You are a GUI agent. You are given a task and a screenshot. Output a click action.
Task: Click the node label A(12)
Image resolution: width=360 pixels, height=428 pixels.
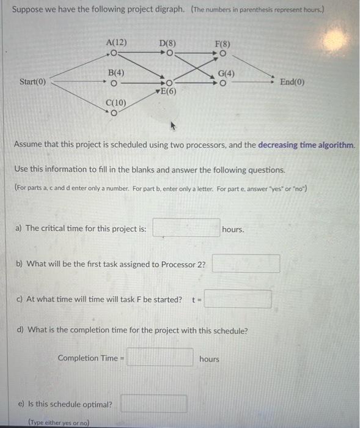pyautogui.click(x=116, y=42)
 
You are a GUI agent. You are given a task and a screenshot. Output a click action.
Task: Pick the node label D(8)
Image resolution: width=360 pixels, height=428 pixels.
pyautogui.click(x=167, y=43)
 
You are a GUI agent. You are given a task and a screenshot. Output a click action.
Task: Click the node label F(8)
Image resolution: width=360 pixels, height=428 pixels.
pyautogui.click(x=222, y=43)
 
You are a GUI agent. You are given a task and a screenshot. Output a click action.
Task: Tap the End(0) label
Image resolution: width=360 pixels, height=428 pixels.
pyautogui.click(x=292, y=82)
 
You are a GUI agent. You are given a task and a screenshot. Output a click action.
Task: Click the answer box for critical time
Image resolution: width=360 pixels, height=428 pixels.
pyautogui.click(x=186, y=228)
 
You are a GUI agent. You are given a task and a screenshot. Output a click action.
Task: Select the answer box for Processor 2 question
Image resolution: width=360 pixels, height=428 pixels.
pyautogui.click(x=246, y=264)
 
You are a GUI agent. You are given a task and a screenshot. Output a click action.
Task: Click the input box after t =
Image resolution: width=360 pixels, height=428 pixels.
pyautogui.click(x=238, y=300)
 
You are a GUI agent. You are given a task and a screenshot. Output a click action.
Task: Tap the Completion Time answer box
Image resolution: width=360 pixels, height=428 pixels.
pyautogui.click(x=160, y=358)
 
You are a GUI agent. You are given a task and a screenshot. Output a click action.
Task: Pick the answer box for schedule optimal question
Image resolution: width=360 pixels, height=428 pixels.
pyautogui.click(x=153, y=404)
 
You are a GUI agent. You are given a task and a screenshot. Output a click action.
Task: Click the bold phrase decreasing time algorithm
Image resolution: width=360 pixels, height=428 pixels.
pyautogui.click(x=306, y=146)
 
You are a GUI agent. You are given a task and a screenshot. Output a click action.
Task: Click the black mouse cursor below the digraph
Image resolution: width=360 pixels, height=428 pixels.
pyautogui.click(x=173, y=126)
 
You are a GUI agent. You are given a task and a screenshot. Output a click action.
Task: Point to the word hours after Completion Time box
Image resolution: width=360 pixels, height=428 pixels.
pyautogui.click(x=209, y=359)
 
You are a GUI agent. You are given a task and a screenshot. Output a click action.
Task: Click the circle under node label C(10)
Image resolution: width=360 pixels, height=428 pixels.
pyautogui.click(x=114, y=112)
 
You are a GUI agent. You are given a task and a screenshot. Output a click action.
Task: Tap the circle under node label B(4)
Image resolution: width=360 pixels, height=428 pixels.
pyautogui.click(x=115, y=82)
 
